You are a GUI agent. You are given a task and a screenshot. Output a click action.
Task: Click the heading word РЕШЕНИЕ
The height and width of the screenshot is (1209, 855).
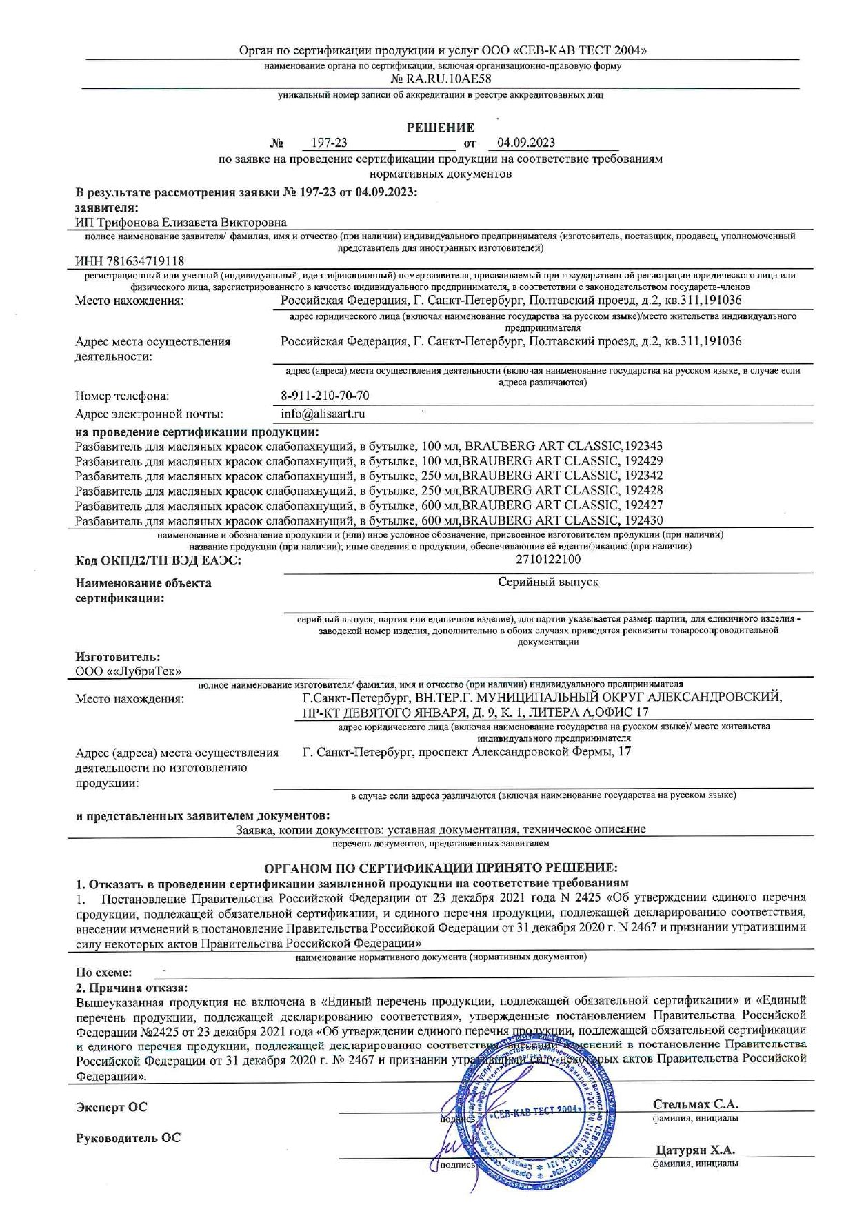pos(440,128)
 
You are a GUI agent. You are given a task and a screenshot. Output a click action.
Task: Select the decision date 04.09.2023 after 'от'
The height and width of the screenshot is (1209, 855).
pos(525,143)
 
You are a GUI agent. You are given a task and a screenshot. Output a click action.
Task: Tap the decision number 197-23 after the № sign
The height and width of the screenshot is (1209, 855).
pos(329,143)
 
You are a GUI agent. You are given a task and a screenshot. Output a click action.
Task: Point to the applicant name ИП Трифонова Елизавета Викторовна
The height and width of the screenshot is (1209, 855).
pos(181,222)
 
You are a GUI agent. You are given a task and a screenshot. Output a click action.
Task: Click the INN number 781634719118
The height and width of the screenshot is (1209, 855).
pos(130,261)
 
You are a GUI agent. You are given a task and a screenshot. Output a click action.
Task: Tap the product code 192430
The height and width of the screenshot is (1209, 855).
pos(644,520)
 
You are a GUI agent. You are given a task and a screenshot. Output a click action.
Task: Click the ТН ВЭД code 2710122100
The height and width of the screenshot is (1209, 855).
pos(548,560)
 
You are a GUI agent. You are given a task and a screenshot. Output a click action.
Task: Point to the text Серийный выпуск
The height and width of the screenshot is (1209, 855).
pos(548,582)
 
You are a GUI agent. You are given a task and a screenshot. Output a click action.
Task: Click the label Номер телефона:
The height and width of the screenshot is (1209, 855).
pos(122,396)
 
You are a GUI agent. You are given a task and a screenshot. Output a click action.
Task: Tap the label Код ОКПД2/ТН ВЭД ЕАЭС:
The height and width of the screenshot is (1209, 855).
pos(158,561)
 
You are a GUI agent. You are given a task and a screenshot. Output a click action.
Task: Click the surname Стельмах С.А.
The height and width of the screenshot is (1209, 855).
pos(695,1104)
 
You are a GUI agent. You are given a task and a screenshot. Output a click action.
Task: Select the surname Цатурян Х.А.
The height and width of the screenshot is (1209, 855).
pos(695,1150)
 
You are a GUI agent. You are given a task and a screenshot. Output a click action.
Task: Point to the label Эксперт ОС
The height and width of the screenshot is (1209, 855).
pos(111,1108)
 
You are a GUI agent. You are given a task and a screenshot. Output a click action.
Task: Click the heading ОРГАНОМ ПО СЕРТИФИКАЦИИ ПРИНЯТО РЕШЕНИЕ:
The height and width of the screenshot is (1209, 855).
pos(441,867)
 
